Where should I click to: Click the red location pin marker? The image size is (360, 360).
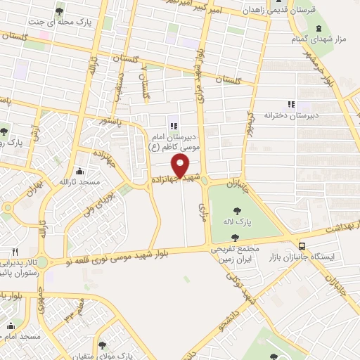181,167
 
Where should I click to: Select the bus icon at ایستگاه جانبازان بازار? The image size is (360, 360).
302,247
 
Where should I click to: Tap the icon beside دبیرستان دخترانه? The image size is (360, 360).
290,104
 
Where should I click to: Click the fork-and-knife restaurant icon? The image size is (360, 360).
15,252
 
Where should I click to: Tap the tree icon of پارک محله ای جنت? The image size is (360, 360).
59,12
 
